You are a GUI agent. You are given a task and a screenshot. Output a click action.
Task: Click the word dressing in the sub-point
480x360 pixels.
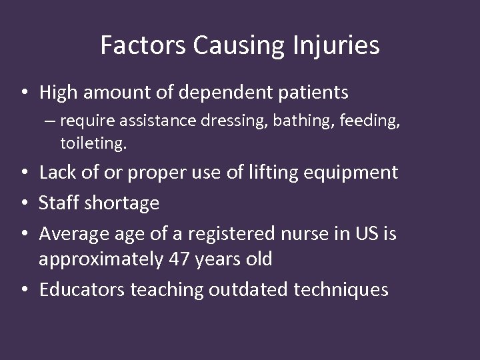coord(220,121)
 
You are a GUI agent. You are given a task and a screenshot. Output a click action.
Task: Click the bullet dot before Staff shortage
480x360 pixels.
coord(24,203)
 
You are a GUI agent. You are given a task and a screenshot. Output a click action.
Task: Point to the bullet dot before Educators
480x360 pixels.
coord(24,290)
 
